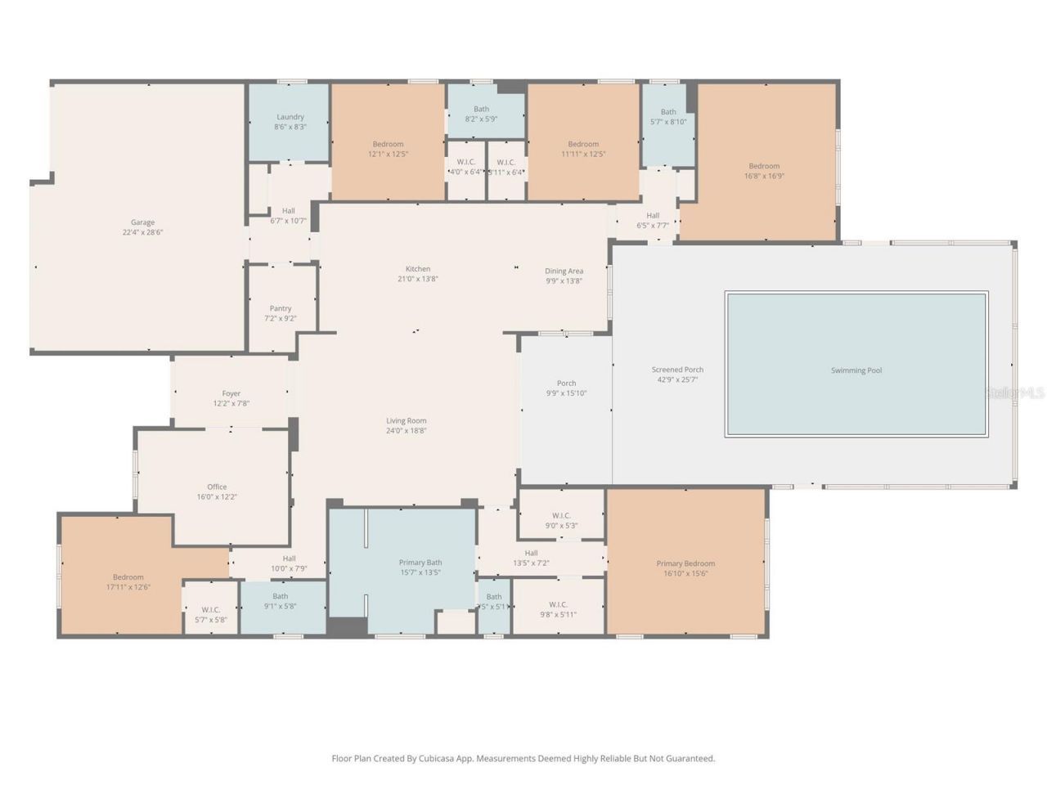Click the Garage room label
click(x=142, y=222)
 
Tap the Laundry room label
click(x=290, y=117)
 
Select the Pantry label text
click(x=281, y=308)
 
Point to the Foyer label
click(x=231, y=393)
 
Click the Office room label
click(x=217, y=487)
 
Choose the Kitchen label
click(x=418, y=269)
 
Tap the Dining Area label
click(x=564, y=271)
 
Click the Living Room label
click(x=407, y=421)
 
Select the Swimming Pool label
click(x=856, y=370)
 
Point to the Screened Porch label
click(x=677, y=370)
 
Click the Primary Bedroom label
click(x=685, y=563)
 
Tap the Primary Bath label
click(x=420, y=563)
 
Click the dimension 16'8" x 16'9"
click(x=764, y=176)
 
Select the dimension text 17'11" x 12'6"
click(x=128, y=587)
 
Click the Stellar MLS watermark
click(x=1014, y=393)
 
